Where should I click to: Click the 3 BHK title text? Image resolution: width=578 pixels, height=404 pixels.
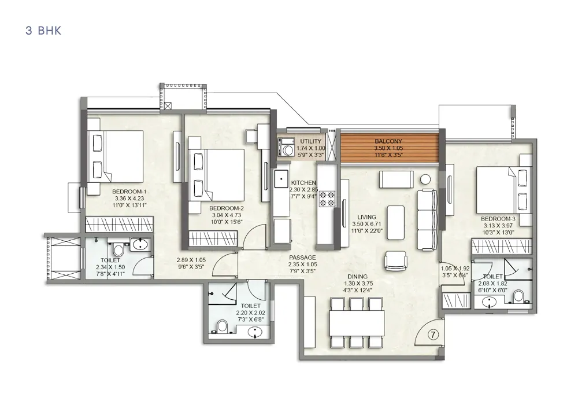click(x=43, y=31)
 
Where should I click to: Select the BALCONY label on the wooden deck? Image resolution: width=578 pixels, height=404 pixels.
click(x=388, y=141)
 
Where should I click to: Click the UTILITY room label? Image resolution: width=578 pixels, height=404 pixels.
click(x=311, y=141)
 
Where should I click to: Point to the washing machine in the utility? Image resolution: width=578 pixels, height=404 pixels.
click(x=287, y=149)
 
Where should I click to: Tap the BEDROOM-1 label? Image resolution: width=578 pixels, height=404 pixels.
click(x=129, y=192)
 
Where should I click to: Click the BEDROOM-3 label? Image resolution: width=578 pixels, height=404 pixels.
click(x=498, y=219)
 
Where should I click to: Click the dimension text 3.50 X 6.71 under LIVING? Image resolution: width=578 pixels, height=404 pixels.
click(x=366, y=225)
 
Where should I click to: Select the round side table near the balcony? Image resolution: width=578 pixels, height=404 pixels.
click(x=426, y=179)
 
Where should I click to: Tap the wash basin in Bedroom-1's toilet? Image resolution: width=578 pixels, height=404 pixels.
click(x=140, y=245)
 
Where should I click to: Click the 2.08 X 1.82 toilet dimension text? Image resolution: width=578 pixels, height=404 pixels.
click(x=493, y=284)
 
